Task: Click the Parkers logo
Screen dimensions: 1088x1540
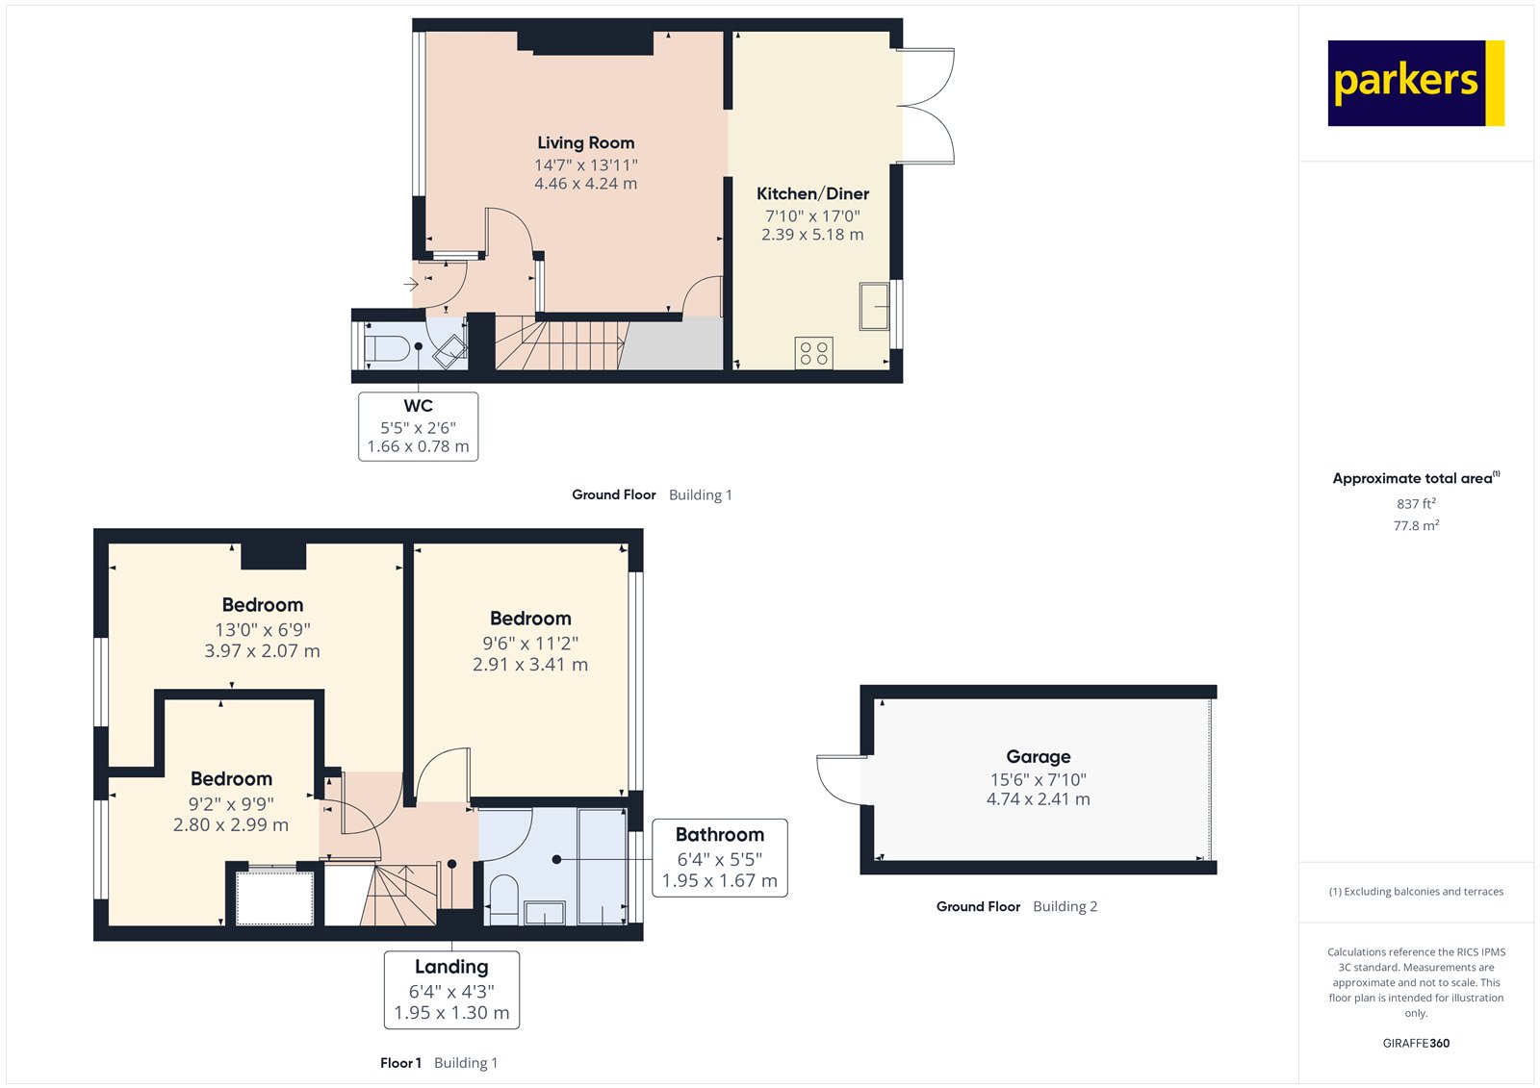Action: [x=1415, y=83]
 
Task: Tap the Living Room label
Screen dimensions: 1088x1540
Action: [x=585, y=142]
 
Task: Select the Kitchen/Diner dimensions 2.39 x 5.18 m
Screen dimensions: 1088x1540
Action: [x=812, y=235]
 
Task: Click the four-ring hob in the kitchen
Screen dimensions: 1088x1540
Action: [x=814, y=353]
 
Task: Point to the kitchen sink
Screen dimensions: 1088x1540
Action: [x=874, y=307]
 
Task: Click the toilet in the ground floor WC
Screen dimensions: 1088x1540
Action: [x=387, y=347]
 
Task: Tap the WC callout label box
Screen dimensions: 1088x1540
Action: [x=418, y=426]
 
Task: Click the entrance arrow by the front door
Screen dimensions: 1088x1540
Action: [x=411, y=284]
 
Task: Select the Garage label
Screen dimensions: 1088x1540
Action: [x=1038, y=757]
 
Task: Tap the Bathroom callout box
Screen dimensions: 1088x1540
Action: [x=719, y=858]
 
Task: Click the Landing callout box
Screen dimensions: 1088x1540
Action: [x=451, y=990]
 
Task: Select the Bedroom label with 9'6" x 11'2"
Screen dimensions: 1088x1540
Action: [x=530, y=619]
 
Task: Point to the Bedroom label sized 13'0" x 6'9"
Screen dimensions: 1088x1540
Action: [x=262, y=605]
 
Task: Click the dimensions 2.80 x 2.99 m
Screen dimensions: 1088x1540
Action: [x=231, y=825]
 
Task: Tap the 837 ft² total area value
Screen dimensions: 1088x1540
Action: [x=1415, y=504]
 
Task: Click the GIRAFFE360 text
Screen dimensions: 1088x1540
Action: [x=1415, y=1043]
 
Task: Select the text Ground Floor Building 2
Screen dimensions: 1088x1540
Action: [x=1016, y=906]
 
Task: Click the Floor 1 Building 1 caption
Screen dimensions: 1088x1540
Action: [x=439, y=1063]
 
